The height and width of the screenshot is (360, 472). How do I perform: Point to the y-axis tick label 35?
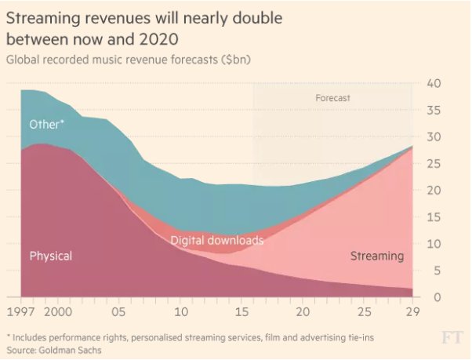point(434,111)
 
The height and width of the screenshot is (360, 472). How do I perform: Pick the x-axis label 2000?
point(58,311)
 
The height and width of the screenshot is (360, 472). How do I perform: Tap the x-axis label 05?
point(119,311)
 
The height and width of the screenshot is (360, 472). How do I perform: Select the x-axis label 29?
point(412,311)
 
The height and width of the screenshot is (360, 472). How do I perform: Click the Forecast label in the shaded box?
point(332,98)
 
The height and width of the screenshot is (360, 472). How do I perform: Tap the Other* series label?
point(47,124)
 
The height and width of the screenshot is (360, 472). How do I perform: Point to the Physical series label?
point(51,256)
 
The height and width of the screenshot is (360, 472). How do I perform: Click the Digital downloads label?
point(217,240)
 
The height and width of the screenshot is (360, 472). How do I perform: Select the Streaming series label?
point(376,256)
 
